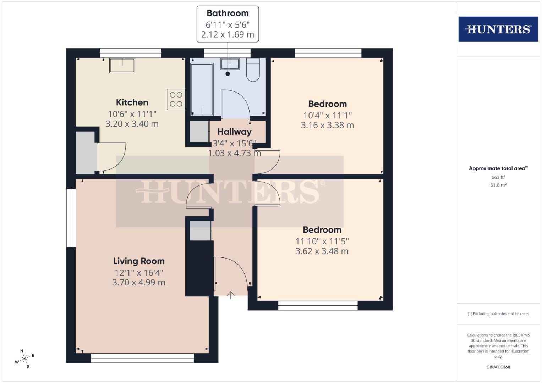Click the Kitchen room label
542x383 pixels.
[x=132, y=102]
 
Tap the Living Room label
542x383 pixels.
[x=139, y=261]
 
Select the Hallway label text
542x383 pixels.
[x=234, y=132]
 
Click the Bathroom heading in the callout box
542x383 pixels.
[x=228, y=13]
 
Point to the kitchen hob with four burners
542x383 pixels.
[x=176, y=99]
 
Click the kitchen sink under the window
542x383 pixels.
[x=122, y=66]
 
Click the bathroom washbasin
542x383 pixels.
[x=230, y=64]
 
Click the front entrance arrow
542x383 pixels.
[x=231, y=295]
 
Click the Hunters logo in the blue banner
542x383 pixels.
[x=498, y=29]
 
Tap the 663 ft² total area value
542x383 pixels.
[x=498, y=177]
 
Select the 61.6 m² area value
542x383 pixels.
[x=498, y=185]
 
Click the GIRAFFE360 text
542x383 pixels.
[x=498, y=367]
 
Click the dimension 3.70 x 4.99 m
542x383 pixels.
[x=139, y=283]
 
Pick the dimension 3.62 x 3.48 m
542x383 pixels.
[x=322, y=251]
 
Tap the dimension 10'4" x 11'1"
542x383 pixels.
[x=327, y=115]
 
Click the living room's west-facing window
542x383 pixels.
[x=71, y=217]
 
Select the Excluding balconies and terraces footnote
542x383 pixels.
[x=498, y=314]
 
